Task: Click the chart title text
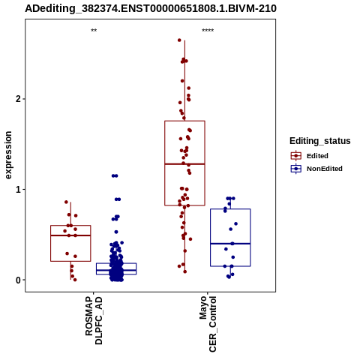[x=151, y=8]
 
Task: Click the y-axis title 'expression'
[x=8, y=155]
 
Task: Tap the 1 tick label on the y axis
[x=19, y=190]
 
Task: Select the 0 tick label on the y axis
[x=19, y=280]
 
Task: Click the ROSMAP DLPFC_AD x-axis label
[x=94, y=320]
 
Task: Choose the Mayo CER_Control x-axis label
[x=208, y=324]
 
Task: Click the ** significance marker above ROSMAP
[x=94, y=31]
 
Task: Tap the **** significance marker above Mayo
[x=208, y=31]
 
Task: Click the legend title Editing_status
[x=320, y=141]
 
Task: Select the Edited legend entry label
[x=317, y=156]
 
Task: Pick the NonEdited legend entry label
[x=325, y=169]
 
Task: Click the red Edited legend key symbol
[x=296, y=156]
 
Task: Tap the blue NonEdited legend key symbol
[x=296, y=169]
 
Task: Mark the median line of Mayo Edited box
[x=184, y=164]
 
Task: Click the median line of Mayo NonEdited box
[x=230, y=244]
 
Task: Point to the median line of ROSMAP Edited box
[x=70, y=235]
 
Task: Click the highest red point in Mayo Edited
[x=179, y=40]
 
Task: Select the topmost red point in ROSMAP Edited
[x=66, y=202]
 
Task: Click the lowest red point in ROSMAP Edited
[x=75, y=280]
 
